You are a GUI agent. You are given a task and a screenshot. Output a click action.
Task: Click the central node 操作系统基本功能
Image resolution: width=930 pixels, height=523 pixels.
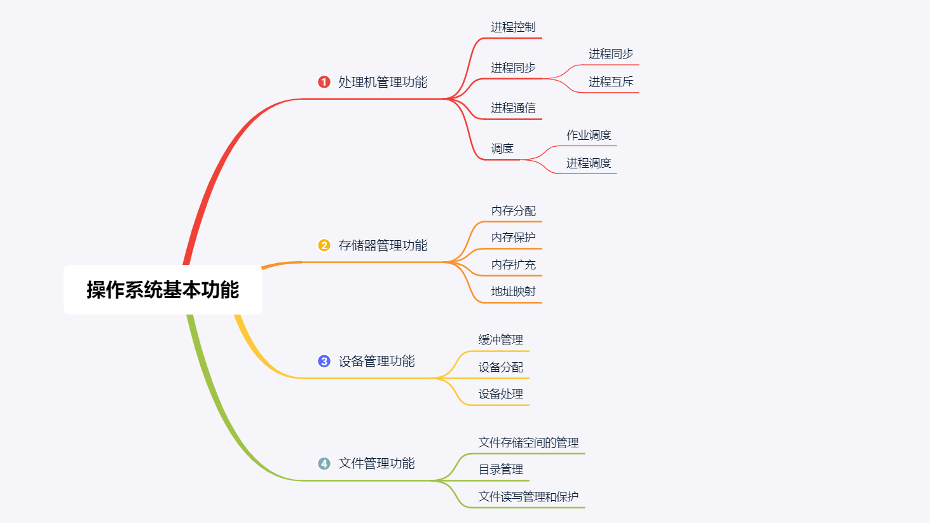tap(163, 290)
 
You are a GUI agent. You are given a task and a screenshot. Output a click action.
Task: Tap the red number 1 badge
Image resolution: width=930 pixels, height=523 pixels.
tap(324, 82)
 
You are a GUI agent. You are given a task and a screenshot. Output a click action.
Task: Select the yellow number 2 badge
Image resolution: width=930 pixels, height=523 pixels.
tap(324, 245)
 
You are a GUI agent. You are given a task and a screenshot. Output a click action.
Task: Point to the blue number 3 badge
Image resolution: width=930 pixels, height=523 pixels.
tap(324, 362)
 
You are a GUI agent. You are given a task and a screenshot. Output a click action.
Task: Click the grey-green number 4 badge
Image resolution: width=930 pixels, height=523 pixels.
tap(324, 464)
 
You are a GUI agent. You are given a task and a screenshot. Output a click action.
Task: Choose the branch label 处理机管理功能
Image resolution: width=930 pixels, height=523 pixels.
tap(383, 82)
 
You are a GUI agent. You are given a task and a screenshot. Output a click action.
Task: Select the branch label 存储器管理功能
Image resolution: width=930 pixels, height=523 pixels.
tap(383, 245)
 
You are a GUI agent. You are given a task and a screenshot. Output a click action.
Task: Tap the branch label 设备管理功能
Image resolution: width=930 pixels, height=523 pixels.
tap(376, 362)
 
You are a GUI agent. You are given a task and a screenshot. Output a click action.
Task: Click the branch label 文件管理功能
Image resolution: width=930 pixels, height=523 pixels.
tap(376, 464)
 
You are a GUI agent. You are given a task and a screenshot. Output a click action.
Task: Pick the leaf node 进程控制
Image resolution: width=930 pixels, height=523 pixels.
tap(513, 27)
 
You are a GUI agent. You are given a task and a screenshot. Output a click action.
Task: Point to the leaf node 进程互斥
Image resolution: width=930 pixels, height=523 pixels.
tap(611, 82)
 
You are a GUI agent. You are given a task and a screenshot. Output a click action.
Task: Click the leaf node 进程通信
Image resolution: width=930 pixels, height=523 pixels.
tap(513, 108)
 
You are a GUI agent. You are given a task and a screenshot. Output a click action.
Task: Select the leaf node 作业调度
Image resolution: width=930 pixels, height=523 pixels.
tap(589, 135)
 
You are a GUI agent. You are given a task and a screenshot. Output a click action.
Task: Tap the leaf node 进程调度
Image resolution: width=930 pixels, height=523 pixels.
tap(589, 163)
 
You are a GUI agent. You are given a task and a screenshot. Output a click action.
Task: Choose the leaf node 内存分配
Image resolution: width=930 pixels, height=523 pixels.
tap(513, 211)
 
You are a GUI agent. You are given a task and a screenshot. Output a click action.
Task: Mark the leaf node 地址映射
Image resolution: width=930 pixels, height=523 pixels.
tap(513, 292)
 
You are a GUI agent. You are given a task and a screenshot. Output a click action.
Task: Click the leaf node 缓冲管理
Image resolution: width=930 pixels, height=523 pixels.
tap(501, 340)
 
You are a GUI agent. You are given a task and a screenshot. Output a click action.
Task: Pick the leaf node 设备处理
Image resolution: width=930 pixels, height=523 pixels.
tap(501, 394)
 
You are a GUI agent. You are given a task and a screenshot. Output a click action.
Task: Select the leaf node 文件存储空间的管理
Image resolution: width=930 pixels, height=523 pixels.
tap(528, 443)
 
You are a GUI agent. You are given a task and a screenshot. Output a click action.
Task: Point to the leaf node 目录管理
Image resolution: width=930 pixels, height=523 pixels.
tap(501, 470)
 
